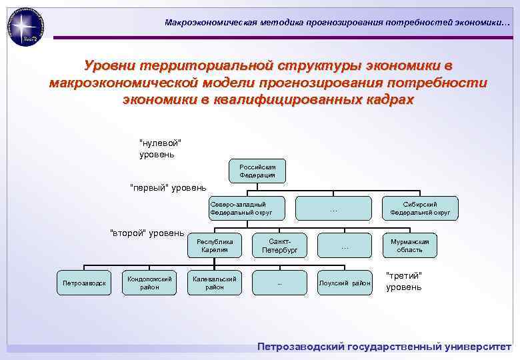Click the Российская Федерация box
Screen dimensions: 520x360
pos(257,171)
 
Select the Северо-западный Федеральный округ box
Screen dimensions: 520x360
pos(247,208)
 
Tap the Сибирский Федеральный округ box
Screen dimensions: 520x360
pos(420,208)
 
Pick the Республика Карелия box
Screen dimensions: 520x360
pos(215,245)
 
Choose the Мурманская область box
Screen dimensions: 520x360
pos(411,245)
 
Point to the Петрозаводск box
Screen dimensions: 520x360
pos(84,283)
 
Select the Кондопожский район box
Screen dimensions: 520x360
pos(149,283)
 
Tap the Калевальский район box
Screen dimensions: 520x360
pos(215,283)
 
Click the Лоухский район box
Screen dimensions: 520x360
pos(345,283)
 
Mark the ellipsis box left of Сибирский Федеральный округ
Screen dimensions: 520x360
pos(333,208)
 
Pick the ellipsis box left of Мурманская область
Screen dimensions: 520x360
pos(345,245)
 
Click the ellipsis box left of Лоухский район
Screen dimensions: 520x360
pos(280,283)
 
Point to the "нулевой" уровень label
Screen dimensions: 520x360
pos(160,149)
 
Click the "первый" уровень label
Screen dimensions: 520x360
pos(168,187)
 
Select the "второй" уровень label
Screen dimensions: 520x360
pos(147,233)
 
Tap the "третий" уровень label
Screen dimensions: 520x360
pos(404,281)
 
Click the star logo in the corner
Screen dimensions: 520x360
pos(25,27)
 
